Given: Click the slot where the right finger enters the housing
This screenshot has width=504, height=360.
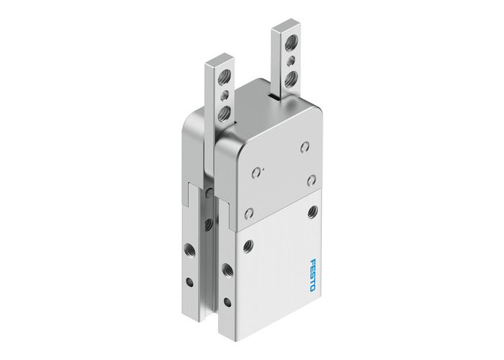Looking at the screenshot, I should (274, 95).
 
